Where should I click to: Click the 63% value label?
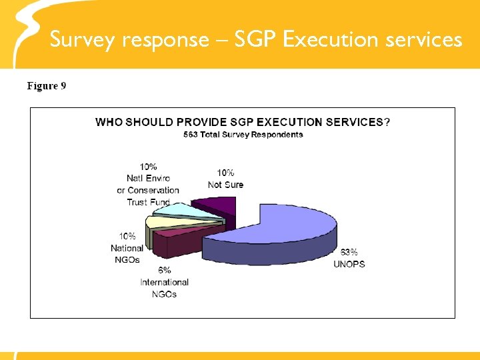point(349,252)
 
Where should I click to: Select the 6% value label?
point(165,270)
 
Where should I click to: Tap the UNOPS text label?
point(349,264)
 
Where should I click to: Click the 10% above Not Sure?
point(225,173)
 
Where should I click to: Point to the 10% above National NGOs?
point(127,236)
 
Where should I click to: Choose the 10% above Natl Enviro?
point(149,167)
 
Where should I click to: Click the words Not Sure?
point(225,185)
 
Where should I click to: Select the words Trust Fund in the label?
point(148,202)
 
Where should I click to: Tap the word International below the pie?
point(165,282)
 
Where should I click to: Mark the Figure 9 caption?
point(46,86)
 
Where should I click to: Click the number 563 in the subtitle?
point(191,135)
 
